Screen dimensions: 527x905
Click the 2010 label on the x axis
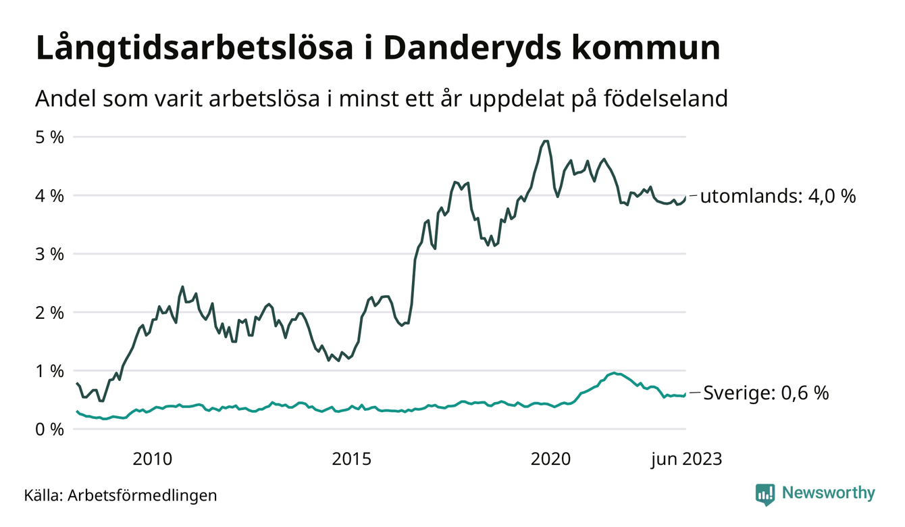point(153,459)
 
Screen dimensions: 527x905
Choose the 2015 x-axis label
point(352,459)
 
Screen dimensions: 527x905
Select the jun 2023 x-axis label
point(686,459)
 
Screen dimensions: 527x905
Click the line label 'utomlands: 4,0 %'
point(778,197)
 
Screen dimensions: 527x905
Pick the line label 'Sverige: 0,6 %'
point(766,393)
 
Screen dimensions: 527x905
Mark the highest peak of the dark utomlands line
point(546,141)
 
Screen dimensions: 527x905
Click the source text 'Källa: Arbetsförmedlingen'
point(120,495)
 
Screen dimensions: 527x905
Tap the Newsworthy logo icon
point(765,494)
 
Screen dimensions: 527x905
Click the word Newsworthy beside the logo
point(828,493)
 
